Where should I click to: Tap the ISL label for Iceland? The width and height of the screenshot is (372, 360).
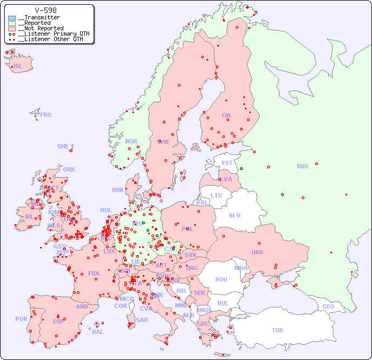[x=18, y=67]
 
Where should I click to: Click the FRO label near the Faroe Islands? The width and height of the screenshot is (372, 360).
[x=46, y=115]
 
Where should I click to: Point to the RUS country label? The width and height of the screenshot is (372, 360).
[x=302, y=166]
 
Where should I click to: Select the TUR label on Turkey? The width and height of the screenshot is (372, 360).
[x=277, y=330]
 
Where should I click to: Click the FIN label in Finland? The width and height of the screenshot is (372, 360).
[x=226, y=115]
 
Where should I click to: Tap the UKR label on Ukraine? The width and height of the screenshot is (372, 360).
[x=257, y=252]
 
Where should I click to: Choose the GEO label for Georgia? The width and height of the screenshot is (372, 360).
[x=328, y=306]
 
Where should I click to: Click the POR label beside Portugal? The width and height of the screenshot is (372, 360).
[x=21, y=319]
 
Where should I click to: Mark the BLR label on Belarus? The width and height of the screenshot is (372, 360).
[x=234, y=215]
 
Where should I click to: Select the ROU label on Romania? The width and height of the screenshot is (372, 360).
[x=221, y=279]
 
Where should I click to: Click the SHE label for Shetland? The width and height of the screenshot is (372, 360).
[x=63, y=146]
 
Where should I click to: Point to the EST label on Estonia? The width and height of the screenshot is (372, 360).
[x=227, y=163]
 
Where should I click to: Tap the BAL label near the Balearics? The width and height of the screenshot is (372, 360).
[x=97, y=332]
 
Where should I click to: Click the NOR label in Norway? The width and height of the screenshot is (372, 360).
[x=131, y=141]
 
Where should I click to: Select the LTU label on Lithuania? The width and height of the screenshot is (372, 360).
[x=216, y=195]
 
